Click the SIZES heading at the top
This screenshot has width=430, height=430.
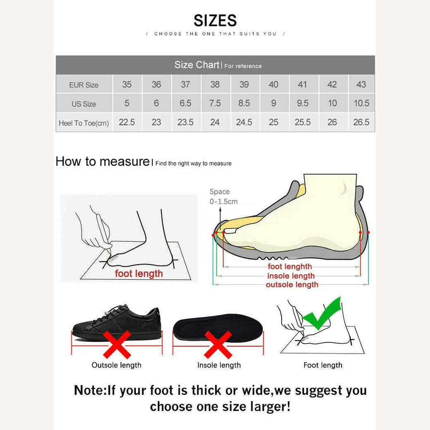pyautogui.click(x=215, y=21)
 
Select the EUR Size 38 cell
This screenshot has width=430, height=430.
pyautogui.click(x=215, y=84)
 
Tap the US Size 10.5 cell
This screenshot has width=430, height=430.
pyautogui.click(x=361, y=103)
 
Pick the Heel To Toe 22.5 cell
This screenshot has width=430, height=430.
pyautogui.click(x=127, y=122)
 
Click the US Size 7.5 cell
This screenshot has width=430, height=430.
pyautogui.click(x=215, y=103)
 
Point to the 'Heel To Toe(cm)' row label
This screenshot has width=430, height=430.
pyautogui.click(x=84, y=123)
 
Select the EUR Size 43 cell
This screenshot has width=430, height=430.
pyautogui.click(x=361, y=84)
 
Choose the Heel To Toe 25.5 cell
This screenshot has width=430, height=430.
pyautogui.click(x=303, y=122)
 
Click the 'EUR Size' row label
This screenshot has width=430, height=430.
pyautogui.click(x=84, y=85)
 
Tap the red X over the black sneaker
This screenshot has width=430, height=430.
pyautogui.click(x=117, y=344)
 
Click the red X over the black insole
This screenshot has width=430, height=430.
pyautogui.click(x=218, y=344)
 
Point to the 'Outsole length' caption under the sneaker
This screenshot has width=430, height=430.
pyautogui.click(x=116, y=365)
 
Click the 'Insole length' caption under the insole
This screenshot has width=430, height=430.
pyautogui.click(x=219, y=365)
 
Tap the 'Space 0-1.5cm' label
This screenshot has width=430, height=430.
pyautogui.click(x=223, y=197)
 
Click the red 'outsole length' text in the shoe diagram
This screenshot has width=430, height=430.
pyautogui.click(x=292, y=285)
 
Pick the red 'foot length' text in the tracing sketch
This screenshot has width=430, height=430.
pyautogui.click(x=139, y=274)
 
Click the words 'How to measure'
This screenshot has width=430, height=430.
pyautogui.click(x=102, y=161)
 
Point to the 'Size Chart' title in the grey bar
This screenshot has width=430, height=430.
pyautogui.click(x=197, y=65)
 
